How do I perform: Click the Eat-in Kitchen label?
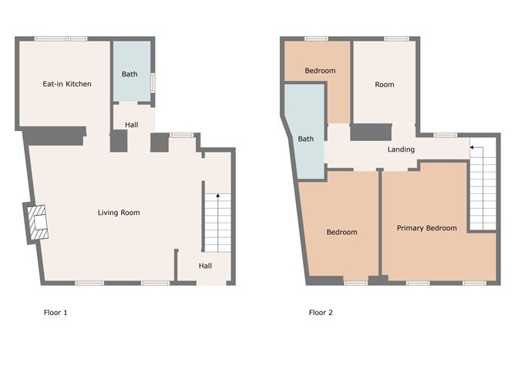tap(67, 84)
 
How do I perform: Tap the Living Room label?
tap(119, 213)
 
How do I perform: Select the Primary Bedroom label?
tap(426, 228)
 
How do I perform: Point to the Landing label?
tap(401, 149)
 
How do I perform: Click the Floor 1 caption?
tap(56, 313)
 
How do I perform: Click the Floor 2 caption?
tap(321, 313)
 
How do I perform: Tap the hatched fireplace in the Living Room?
tap(38, 222)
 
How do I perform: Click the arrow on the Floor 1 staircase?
tap(217, 196)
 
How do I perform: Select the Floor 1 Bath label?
tap(130, 74)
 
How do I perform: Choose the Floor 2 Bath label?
tap(306, 139)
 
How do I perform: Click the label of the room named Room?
tap(385, 85)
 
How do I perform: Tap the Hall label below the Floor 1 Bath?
tap(131, 125)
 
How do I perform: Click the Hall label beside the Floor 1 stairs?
tap(205, 266)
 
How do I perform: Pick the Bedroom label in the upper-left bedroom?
tap(320, 71)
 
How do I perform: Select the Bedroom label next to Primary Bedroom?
tap(342, 232)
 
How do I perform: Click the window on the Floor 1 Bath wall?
tap(153, 82)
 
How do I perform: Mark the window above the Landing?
tap(446, 135)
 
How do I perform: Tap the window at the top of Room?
tap(397, 39)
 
